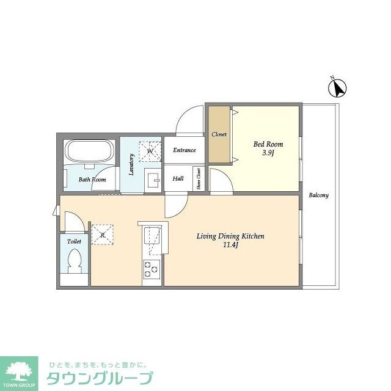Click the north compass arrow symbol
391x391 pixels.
pyautogui.click(x=337, y=89)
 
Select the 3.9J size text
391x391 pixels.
pyautogui.click(x=268, y=153)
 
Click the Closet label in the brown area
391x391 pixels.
pyautogui.click(x=219, y=134)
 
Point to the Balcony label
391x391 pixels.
pyautogui.click(x=318, y=195)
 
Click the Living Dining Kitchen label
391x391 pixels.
pyautogui.click(x=230, y=236)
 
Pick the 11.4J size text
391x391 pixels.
pyautogui.click(x=230, y=246)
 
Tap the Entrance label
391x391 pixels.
pyautogui.click(x=184, y=150)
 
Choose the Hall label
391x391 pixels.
pyautogui.click(x=178, y=179)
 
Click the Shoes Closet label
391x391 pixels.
pyautogui.click(x=199, y=179)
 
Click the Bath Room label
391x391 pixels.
pyautogui.click(x=92, y=180)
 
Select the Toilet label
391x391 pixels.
pyautogui.click(x=74, y=242)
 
